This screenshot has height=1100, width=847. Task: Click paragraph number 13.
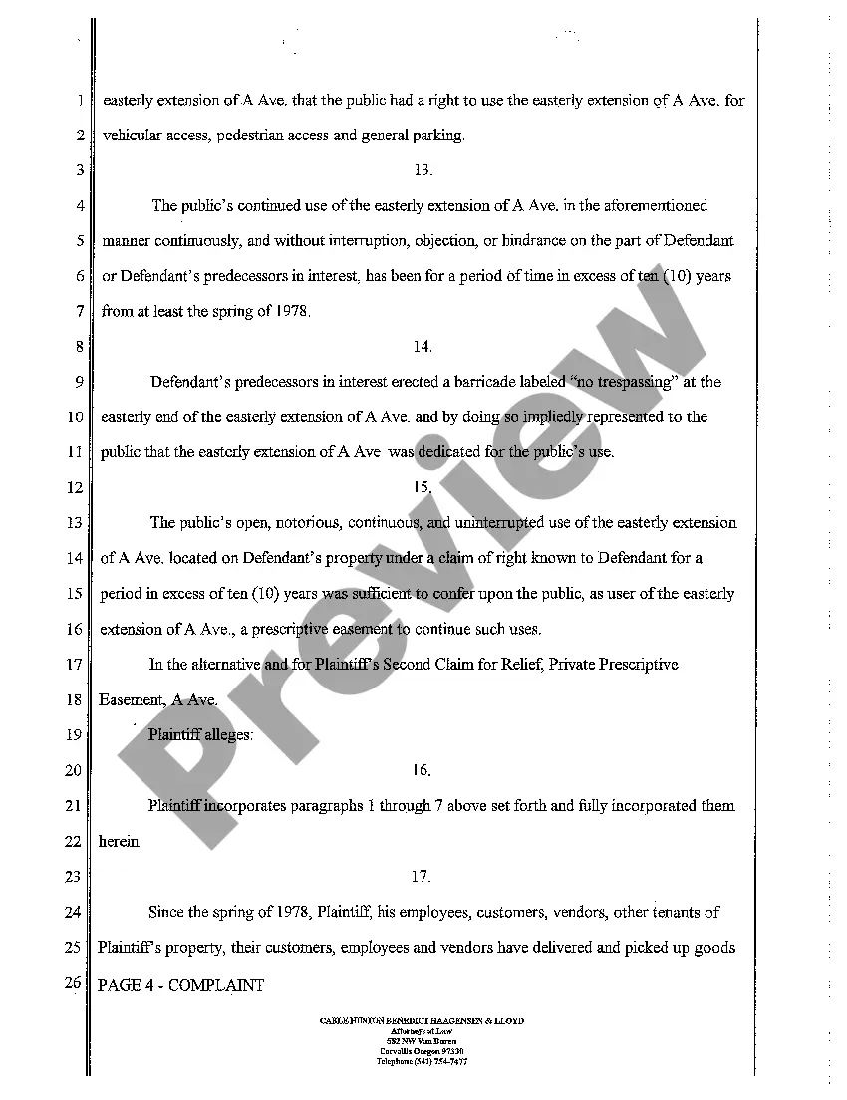click(x=423, y=170)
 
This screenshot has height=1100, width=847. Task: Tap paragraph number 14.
click(x=423, y=347)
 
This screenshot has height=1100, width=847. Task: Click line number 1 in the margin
click(x=78, y=101)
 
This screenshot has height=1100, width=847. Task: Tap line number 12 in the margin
click(x=75, y=488)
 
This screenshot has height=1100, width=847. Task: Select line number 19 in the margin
click(x=75, y=735)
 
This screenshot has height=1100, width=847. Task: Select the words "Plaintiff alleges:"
click(x=200, y=735)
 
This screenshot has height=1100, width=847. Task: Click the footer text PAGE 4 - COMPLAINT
click(x=181, y=986)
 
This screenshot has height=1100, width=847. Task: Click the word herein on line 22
click(x=121, y=842)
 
